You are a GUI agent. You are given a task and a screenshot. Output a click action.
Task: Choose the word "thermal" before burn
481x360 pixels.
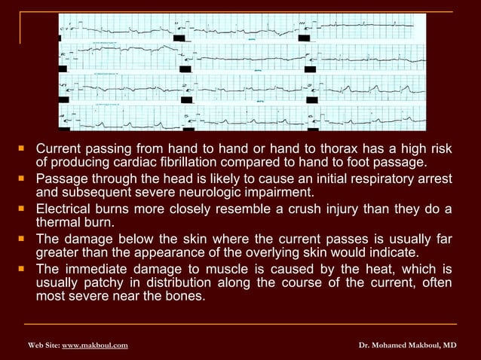click(x=57, y=223)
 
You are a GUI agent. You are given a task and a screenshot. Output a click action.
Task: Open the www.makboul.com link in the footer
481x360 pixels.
click(x=94, y=345)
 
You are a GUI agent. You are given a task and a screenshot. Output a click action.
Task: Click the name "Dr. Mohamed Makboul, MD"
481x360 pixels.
click(x=407, y=345)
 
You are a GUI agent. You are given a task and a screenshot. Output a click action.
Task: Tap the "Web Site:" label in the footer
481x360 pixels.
click(x=44, y=345)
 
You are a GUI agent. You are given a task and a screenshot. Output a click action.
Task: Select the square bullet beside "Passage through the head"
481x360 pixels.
click(x=23, y=179)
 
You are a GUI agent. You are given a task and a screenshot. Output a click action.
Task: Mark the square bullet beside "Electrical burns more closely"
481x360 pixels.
click(x=23, y=209)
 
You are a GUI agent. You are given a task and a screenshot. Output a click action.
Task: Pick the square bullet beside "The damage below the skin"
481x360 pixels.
click(x=23, y=239)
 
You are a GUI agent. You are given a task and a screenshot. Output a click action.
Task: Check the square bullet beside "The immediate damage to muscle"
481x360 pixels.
click(x=23, y=270)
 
